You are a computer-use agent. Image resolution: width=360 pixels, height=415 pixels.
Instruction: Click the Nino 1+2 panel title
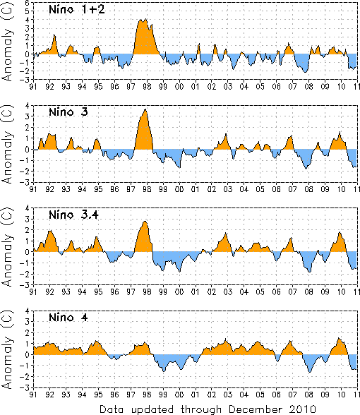coord(77,10)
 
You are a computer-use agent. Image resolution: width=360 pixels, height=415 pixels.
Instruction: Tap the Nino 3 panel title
coord(68,112)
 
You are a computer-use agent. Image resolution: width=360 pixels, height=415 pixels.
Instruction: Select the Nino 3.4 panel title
coord(73,215)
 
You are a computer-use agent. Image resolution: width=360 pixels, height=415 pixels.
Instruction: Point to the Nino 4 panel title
coord(68,317)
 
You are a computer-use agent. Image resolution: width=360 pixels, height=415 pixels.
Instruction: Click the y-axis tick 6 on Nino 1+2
coord(28,3)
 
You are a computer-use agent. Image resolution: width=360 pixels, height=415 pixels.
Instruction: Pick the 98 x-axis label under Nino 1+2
coord(147,87)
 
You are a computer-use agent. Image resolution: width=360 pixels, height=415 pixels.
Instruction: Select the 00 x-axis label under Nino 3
coord(179,189)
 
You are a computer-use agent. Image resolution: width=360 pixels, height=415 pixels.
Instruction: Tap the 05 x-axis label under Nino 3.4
coord(260,292)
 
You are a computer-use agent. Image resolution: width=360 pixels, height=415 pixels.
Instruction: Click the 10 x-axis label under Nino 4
coord(341,395)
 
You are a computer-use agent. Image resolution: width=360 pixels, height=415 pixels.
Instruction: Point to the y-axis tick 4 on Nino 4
coord(28,311)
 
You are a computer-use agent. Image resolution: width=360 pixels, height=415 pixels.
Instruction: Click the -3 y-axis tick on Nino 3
coord(26,182)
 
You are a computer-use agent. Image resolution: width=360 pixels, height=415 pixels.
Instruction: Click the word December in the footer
coord(253,409)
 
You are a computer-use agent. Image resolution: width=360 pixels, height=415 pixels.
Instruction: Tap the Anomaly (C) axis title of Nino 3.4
coord(7,247)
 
